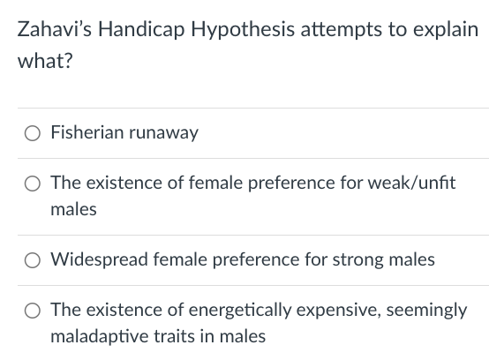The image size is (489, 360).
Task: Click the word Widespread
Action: click(x=94, y=259)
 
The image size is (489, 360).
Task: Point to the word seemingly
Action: click(x=421, y=310)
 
